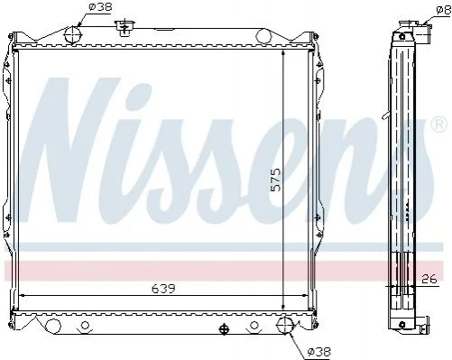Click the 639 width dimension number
(x=163, y=289)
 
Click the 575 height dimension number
(x=275, y=180)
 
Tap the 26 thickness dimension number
(x=429, y=280)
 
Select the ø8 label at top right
(x=444, y=11)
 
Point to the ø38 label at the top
(x=100, y=6)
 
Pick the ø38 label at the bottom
(x=319, y=351)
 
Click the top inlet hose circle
(x=73, y=34)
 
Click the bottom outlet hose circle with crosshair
(x=285, y=325)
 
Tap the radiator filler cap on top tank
(x=125, y=28)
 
